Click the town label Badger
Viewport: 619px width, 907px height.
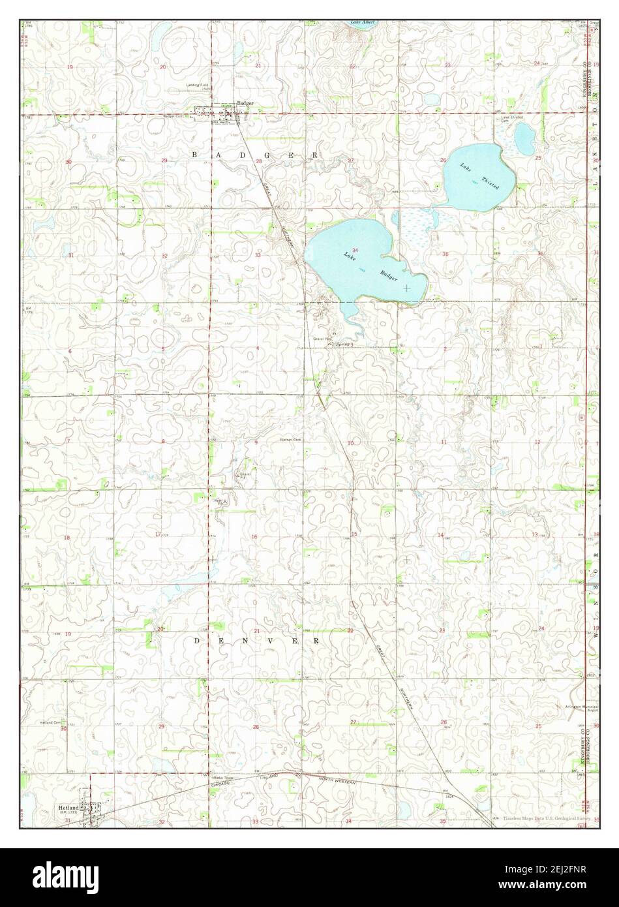[245, 104]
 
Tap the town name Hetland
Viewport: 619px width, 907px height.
[68, 808]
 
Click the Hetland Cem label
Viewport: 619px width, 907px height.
[50, 722]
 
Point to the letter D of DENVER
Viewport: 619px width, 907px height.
[196, 641]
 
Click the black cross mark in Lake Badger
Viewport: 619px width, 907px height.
[406, 287]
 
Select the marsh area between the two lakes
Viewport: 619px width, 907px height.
[416, 225]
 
